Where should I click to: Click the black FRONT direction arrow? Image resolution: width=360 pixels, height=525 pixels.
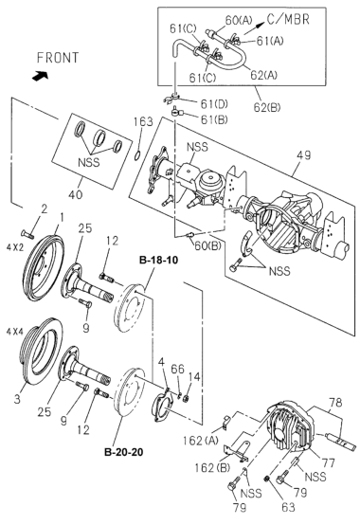tap(40, 76)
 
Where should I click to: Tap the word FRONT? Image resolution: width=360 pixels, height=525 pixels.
tap(57, 58)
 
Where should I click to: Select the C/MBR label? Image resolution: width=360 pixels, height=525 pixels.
tap(288, 19)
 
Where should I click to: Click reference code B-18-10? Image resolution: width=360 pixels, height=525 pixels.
tap(158, 260)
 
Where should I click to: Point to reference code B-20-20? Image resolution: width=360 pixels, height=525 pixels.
tap(124, 452)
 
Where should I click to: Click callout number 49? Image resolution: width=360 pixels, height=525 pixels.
tap(303, 155)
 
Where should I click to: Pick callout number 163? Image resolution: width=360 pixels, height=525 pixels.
tap(143, 121)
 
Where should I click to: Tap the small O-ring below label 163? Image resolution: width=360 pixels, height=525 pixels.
tap(137, 156)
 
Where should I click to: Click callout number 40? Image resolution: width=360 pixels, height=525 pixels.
tap(75, 194)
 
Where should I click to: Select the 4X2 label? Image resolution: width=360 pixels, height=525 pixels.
tap(15, 247)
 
